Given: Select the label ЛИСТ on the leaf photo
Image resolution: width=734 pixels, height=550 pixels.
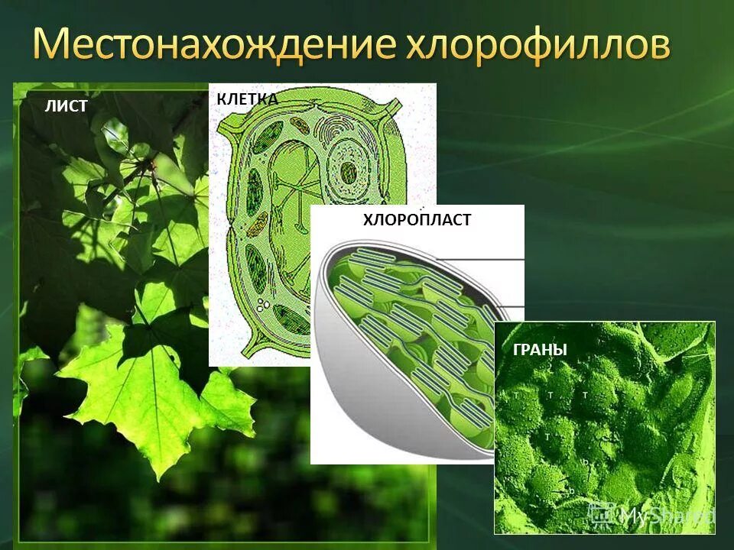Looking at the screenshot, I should click(x=66, y=107).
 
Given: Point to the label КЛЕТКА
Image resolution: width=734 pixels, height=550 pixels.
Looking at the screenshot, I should click(x=247, y=99).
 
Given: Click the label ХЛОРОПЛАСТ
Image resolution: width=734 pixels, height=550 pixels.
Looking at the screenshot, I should click(x=417, y=220).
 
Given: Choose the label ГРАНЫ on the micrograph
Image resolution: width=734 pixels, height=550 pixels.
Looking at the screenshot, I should click(x=540, y=350).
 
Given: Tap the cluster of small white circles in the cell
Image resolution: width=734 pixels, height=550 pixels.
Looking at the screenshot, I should click(x=264, y=305).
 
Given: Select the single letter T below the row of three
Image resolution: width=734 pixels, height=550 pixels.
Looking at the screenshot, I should click(x=547, y=435).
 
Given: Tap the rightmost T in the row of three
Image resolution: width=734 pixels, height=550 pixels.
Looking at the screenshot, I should click(x=585, y=396).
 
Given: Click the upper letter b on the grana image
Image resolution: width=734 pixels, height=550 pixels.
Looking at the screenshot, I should click(x=585, y=462).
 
